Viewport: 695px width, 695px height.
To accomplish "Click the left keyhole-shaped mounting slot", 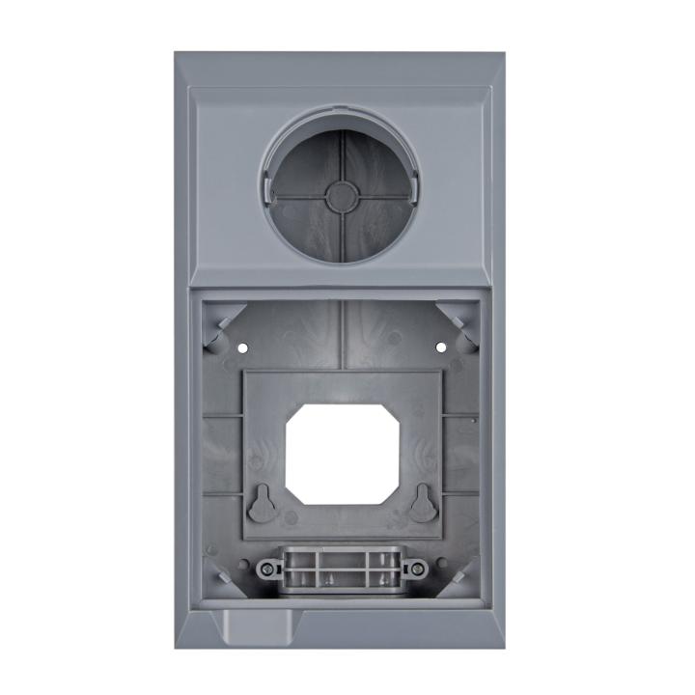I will point(262,502).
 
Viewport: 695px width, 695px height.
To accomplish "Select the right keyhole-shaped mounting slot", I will point(421,501).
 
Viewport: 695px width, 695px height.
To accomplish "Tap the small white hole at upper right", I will point(440,346).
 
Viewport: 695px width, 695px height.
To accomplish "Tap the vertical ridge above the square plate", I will point(342,333).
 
